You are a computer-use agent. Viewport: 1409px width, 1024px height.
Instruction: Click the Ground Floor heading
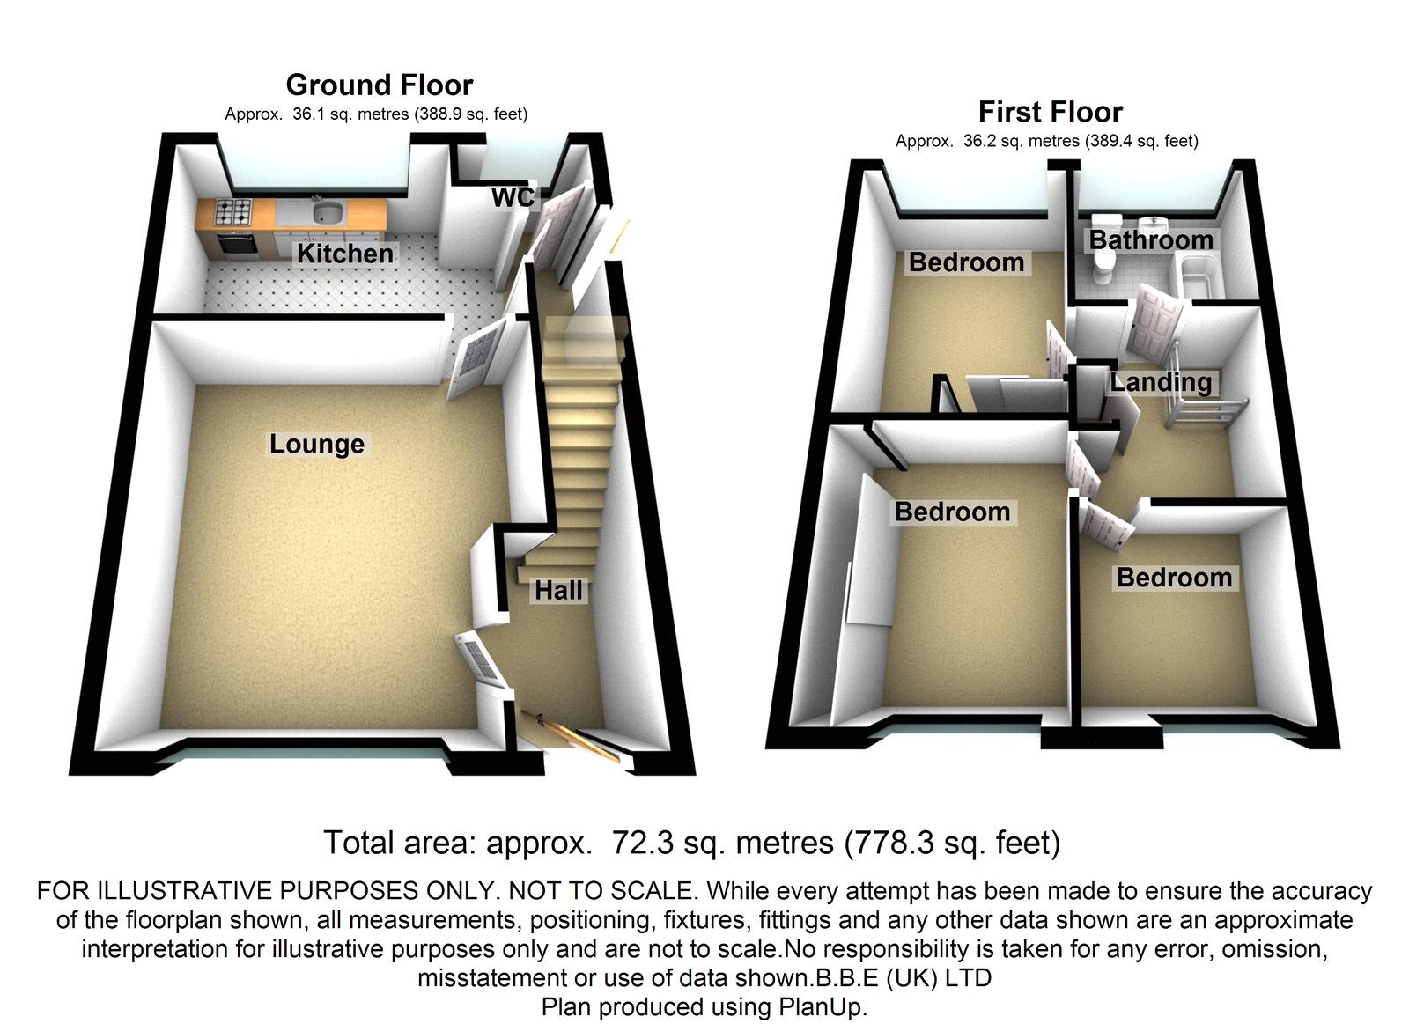pyautogui.click(x=380, y=85)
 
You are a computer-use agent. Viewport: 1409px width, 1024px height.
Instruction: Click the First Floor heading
pyautogui.click(x=1051, y=112)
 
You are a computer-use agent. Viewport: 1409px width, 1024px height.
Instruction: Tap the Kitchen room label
pyautogui.click(x=345, y=254)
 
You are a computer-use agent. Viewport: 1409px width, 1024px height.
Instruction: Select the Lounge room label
pyautogui.click(x=317, y=444)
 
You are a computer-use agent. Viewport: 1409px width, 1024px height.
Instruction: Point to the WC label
pyautogui.click(x=513, y=197)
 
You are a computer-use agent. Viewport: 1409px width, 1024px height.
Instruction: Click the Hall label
pyautogui.click(x=558, y=591)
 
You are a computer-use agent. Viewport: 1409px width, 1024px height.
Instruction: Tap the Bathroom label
pyautogui.click(x=1151, y=239)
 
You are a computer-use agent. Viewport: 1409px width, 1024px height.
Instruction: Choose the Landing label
pyautogui.click(x=1161, y=382)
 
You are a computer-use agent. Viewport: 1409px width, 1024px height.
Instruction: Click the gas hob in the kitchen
pyautogui.click(x=233, y=212)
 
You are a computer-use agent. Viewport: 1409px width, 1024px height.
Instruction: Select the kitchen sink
pyautogui.click(x=327, y=212)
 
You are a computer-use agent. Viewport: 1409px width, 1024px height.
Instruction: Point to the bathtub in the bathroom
pyautogui.click(x=1197, y=275)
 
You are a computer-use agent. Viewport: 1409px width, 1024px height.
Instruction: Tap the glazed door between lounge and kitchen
pyautogui.click(x=476, y=357)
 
